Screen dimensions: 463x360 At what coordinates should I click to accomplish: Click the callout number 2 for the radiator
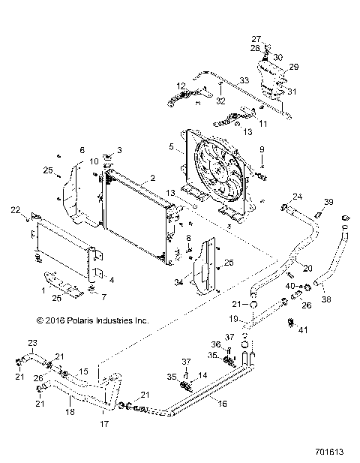152,179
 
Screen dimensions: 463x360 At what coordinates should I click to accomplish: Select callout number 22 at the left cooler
14,211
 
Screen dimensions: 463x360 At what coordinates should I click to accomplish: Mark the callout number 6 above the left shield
82,150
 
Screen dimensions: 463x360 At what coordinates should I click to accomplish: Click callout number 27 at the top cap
255,38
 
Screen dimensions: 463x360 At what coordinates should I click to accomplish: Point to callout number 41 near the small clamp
303,329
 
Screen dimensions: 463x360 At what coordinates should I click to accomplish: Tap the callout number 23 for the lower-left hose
32,344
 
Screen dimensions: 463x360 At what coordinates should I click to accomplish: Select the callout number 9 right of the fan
262,150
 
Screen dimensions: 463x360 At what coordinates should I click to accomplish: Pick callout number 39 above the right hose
328,202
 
